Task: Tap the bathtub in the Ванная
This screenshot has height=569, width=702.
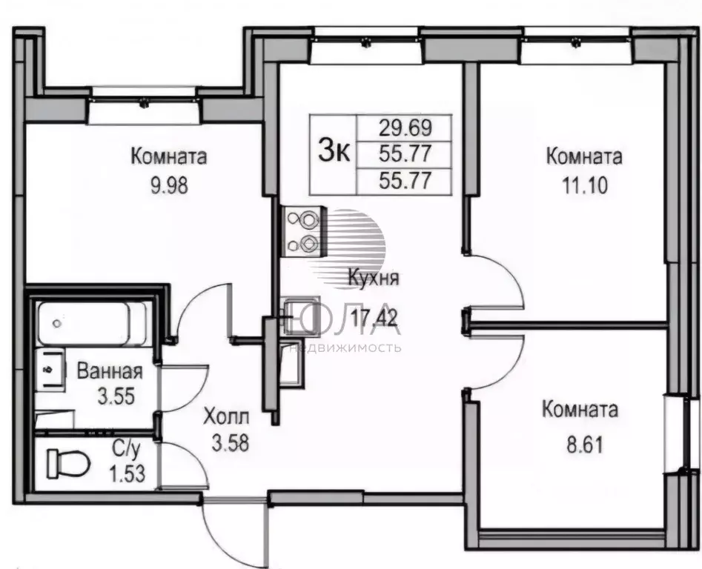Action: pyautogui.click(x=93, y=323)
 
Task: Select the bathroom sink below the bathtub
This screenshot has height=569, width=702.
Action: pyautogui.click(x=50, y=367)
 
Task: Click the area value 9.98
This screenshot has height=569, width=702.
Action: pyautogui.click(x=169, y=185)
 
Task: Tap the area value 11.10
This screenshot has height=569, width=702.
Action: pyautogui.click(x=584, y=185)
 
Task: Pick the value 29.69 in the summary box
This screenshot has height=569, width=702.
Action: pyautogui.click(x=405, y=127)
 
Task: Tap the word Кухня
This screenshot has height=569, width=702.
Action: pyautogui.click(x=374, y=279)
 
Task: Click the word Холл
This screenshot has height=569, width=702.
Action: pyautogui.click(x=228, y=417)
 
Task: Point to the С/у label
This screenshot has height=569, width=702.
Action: pyautogui.click(x=122, y=447)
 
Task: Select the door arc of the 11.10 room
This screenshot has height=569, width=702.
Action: pyautogui.click(x=497, y=282)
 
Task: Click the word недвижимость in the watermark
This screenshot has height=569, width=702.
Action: pyautogui.click(x=346, y=347)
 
